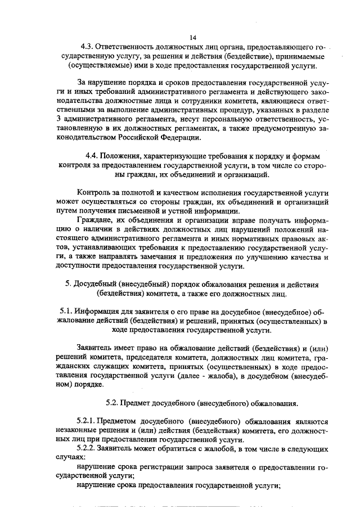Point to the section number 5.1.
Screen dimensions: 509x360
[x=66, y=310]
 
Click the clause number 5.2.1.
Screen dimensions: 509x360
[x=86, y=422]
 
